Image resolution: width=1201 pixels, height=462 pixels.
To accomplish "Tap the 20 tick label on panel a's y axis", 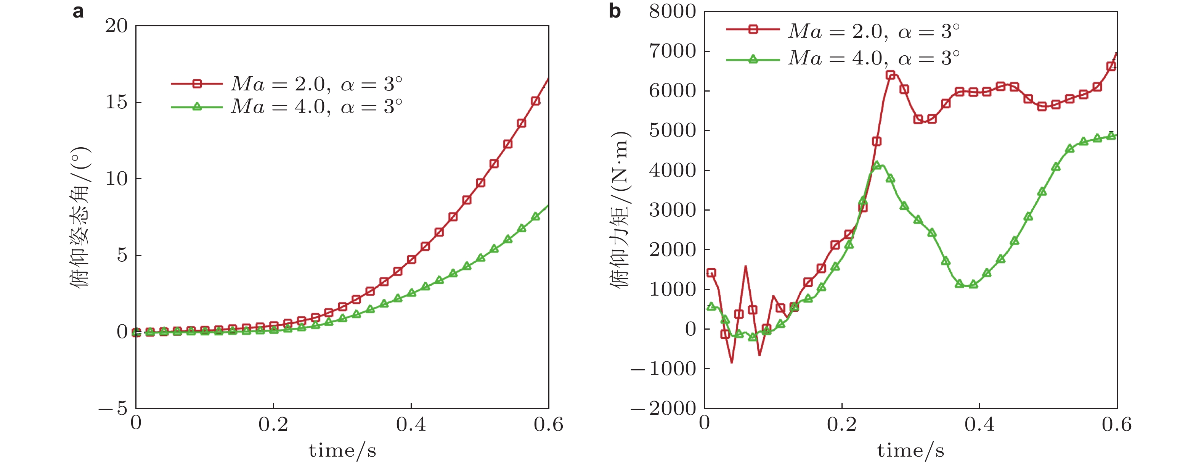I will click(x=116, y=26).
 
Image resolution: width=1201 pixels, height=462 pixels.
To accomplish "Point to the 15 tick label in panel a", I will click(x=116, y=102).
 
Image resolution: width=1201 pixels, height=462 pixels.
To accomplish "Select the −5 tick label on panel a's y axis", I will click(x=113, y=408).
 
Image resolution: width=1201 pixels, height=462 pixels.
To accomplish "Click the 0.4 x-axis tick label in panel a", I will click(x=411, y=424).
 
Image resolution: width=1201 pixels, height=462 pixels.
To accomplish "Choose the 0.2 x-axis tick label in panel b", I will click(x=841, y=424).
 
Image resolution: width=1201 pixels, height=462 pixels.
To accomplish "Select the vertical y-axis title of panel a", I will click(x=80, y=217).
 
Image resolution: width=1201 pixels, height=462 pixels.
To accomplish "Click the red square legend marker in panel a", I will click(x=197, y=84).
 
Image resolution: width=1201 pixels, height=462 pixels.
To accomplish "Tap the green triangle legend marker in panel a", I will click(x=197, y=107).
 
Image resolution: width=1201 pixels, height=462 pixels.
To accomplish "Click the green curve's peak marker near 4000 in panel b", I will click(x=877, y=165).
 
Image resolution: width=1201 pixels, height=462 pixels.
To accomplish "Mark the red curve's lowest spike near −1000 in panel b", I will click(x=732, y=362).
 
